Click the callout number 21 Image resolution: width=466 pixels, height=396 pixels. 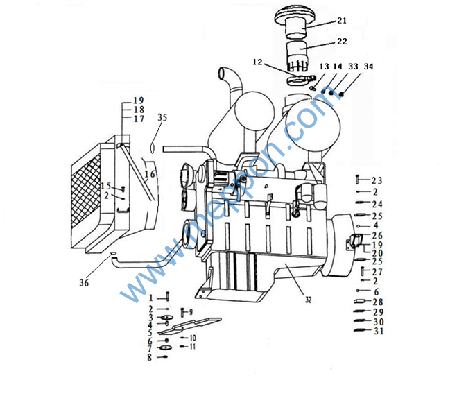pyautogui.click(x=342, y=21)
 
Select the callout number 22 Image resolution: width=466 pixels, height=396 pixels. pyautogui.click(x=342, y=42)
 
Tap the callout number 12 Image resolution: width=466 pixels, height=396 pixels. pyautogui.click(x=257, y=62)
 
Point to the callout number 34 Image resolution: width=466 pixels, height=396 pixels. pyautogui.click(x=368, y=67)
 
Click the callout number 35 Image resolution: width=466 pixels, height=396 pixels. pyautogui.click(x=162, y=117)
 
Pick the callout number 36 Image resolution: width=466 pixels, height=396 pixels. pyautogui.click(x=84, y=282)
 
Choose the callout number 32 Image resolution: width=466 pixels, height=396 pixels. pyautogui.click(x=308, y=300)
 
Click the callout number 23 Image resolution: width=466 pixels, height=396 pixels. pyautogui.click(x=377, y=180)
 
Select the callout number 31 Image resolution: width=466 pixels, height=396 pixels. pyautogui.click(x=379, y=331)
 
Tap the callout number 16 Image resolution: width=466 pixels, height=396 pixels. pyautogui.click(x=150, y=174)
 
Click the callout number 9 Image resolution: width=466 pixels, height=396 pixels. pyautogui.click(x=191, y=311)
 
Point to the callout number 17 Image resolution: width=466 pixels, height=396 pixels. pyautogui.click(x=139, y=119)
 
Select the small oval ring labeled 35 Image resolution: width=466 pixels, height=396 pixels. pyautogui.click(x=153, y=148)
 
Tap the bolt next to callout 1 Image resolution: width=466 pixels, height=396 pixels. pyautogui.click(x=167, y=296)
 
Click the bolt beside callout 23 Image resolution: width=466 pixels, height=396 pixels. pyautogui.click(x=357, y=180)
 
